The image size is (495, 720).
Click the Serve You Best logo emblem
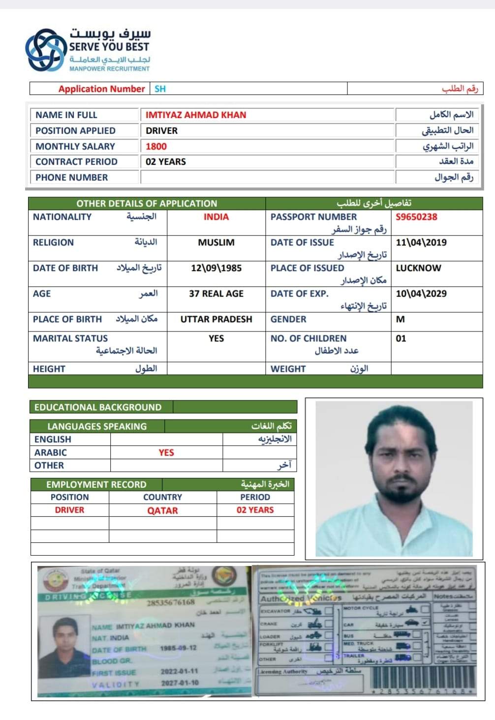coord(45,50)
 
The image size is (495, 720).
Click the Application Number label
coord(101,89)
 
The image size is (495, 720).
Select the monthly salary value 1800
coord(156,147)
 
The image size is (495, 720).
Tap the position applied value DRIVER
coord(161,131)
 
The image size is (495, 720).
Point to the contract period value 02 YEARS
coord(166,162)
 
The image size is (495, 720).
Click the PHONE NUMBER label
coord(71,178)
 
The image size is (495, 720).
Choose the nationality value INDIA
coord(216,217)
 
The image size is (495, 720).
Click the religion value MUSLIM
coord(216,242)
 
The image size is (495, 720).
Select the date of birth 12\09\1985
coord(216,268)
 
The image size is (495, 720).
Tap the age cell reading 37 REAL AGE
coord(216,294)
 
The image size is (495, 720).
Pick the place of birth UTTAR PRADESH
coord(216,319)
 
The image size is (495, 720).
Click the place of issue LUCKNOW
coord(418,268)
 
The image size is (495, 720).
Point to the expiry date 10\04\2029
coord(421,294)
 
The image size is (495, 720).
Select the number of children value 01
coord(401,338)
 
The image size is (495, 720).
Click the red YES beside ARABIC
coord(166,452)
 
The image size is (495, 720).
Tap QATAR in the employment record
coord(162,510)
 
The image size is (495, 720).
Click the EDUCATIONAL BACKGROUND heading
coord(98,407)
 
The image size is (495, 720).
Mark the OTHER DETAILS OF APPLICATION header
coord(147,204)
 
